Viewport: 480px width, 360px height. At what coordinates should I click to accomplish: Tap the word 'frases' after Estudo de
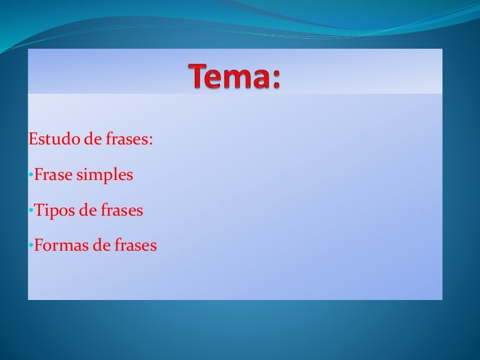[126, 139]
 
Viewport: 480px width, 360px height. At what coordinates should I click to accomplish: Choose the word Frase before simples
[53, 174]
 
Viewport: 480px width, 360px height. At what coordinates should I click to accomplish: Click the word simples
[105, 176]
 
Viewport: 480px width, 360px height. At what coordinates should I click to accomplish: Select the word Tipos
[54, 211]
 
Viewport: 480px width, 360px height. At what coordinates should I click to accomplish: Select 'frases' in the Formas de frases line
[136, 245]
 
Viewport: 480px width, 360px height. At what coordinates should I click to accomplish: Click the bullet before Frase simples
[31, 175]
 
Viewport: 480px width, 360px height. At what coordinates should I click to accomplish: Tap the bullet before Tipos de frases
[31, 210]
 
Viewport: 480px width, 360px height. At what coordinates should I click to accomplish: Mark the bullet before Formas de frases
[31, 246]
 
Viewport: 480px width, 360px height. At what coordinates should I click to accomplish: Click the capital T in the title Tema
[199, 76]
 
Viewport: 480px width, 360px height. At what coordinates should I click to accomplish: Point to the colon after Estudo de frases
[150, 141]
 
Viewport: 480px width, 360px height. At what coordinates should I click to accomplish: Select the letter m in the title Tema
[238, 79]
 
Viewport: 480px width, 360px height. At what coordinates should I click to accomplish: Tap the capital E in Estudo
[33, 139]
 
